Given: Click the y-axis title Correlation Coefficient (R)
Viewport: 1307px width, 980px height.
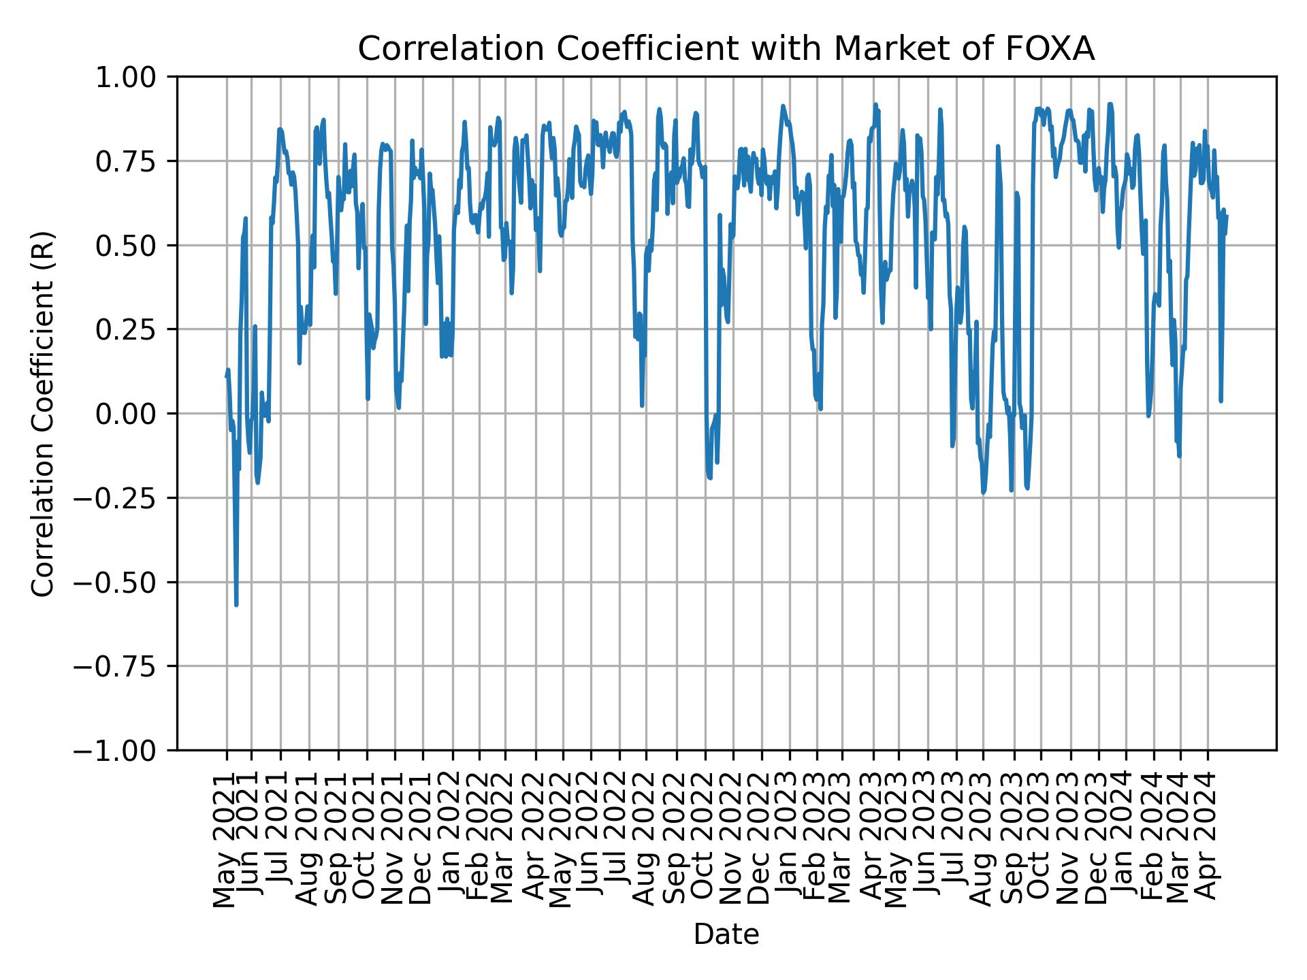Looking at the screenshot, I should [43, 414].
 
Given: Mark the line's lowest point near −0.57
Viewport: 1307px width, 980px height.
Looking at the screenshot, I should [236, 604].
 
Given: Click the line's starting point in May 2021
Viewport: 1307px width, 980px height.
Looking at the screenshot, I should [226, 376].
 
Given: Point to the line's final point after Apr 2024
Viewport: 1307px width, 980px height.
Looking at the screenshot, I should [1227, 216].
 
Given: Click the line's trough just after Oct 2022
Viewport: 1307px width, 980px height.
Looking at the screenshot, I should [710, 478].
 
